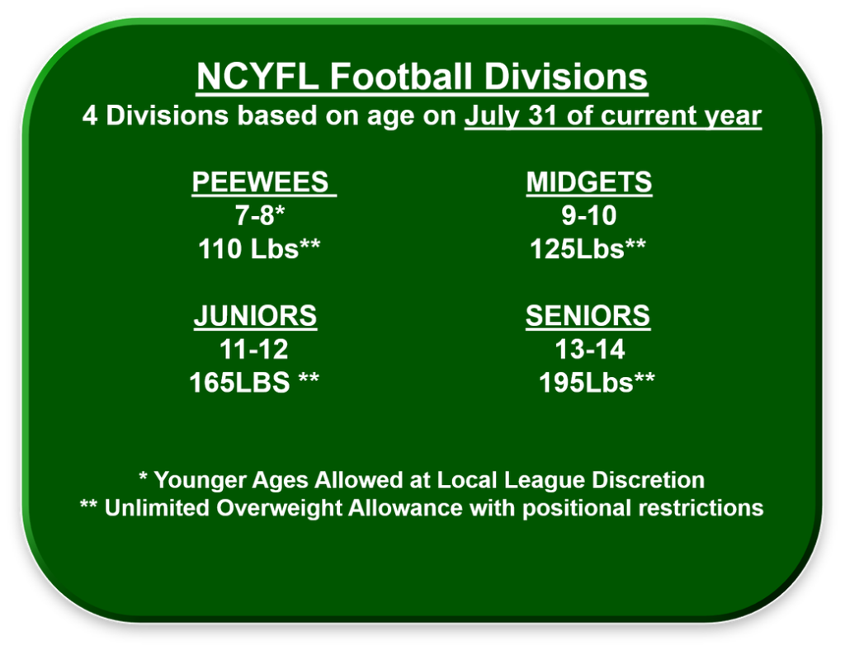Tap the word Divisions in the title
565,78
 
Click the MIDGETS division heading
588,181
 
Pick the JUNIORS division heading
255,315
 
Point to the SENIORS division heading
588,315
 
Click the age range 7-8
256,216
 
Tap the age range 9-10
588,216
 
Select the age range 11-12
254,350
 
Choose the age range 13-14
589,350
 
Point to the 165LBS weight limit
239,383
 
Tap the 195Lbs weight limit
585,383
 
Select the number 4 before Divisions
91,116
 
